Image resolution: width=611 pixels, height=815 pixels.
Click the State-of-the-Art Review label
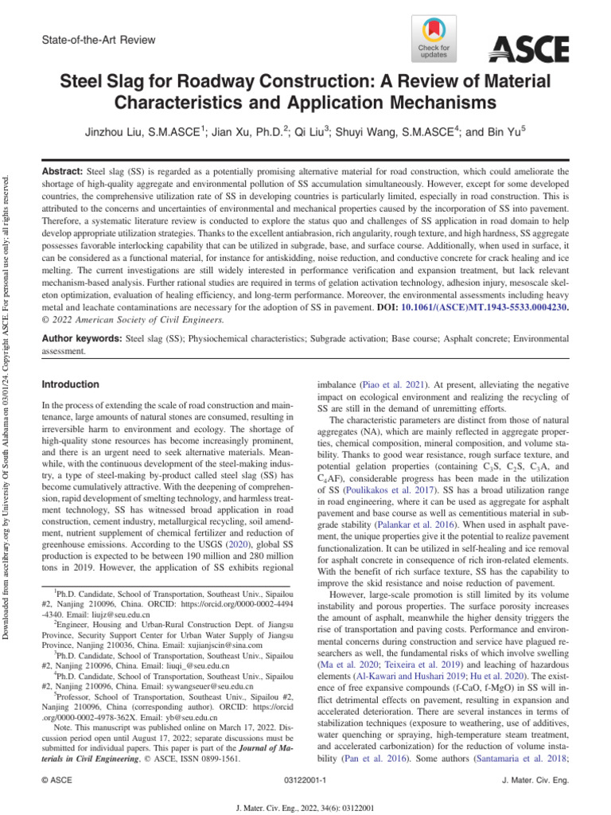pos(98,40)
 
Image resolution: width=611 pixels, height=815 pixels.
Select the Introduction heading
pos(71,384)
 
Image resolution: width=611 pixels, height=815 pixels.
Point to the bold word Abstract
pos(61,171)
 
